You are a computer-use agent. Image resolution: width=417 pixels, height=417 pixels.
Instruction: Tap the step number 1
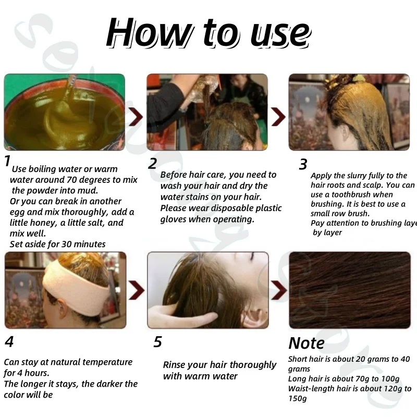click(x=7, y=161)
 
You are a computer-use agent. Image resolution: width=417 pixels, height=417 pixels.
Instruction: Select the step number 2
click(x=152, y=163)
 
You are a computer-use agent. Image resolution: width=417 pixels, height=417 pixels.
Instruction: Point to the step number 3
click(x=303, y=164)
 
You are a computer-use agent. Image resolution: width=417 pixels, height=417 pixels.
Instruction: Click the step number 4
click(x=9, y=341)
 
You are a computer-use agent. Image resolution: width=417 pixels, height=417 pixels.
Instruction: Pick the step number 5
click(x=158, y=342)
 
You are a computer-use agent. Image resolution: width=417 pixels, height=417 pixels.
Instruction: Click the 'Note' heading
click(x=306, y=343)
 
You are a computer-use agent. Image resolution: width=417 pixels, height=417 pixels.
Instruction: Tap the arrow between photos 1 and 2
click(x=136, y=116)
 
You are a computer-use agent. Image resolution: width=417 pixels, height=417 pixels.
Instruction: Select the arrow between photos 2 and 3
click(x=278, y=116)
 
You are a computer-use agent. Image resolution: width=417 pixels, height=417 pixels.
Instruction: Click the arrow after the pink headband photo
click(x=137, y=290)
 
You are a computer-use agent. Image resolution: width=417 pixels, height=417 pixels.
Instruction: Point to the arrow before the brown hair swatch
click(x=279, y=290)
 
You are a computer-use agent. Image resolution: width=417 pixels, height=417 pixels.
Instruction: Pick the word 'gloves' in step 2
click(x=173, y=219)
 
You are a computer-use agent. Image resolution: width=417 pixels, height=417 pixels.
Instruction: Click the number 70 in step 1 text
click(x=71, y=180)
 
